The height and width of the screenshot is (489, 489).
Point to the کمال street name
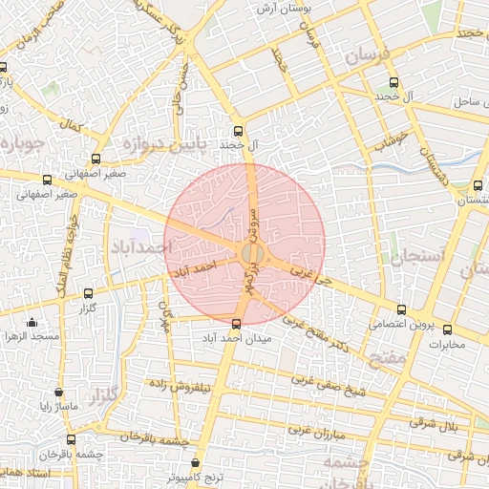pyautogui.click(x=70, y=125)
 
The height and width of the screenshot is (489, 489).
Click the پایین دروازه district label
pyautogui.click(x=161, y=145)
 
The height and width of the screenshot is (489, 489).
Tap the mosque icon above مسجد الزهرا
pyautogui.click(x=33, y=322)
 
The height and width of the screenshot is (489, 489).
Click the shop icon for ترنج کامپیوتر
pyautogui.click(x=195, y=463)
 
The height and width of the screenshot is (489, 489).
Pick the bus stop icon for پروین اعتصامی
pyautogui.click(x=401, y=309)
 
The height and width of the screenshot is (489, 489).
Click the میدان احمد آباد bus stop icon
pyautogui.click(x=237, y=323)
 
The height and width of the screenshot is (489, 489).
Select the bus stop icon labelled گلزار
pyautogui.click(x=89, y=294)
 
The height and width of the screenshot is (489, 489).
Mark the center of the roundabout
pyautogui.click(x=252, y=252)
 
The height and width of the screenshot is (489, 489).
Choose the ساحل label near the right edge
pyautogui.click(x=472, y=100)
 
